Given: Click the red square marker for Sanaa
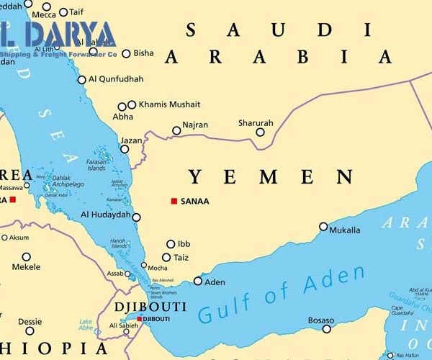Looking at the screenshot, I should coord(174,201).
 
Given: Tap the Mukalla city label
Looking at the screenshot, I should coord(344,230).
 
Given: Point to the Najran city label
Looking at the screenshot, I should coord(195,125).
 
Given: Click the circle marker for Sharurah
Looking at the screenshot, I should coord(260,132).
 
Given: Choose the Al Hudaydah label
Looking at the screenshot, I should coord(106,215).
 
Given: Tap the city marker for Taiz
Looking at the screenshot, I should coord(166,257).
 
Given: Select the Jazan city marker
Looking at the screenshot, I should coord(125,150).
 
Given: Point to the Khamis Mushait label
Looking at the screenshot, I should coord(169,104).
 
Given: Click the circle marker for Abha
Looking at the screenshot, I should coord(121,107).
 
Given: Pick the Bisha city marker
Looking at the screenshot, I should coord(127,53).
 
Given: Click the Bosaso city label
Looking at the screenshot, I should coord(320,320).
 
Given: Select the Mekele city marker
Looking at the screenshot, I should coord(27,256).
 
